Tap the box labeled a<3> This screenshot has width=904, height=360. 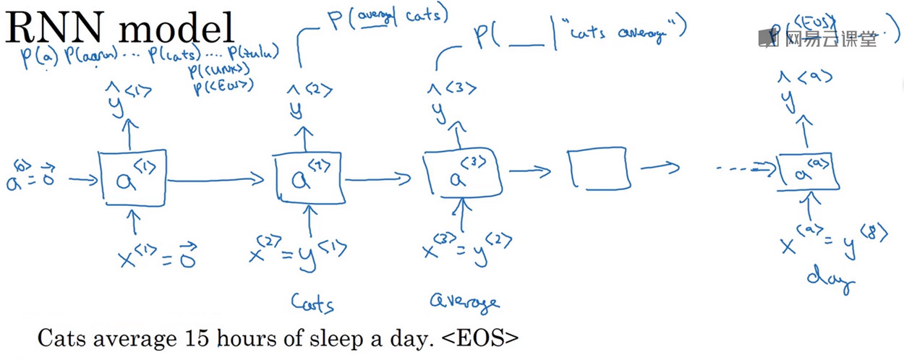(463, 176)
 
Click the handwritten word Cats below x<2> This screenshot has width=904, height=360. (312, 302)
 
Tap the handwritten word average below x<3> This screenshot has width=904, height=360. (464, 301)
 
